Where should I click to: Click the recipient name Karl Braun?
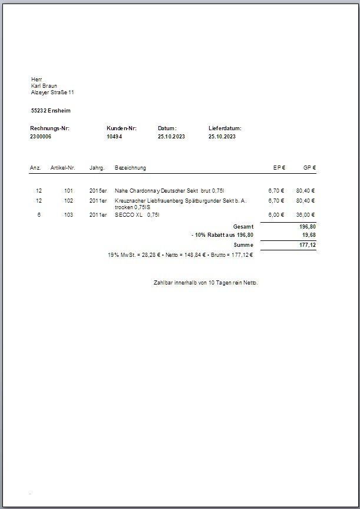tap(44, 86)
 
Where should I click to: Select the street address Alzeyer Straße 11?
tap(52, 92)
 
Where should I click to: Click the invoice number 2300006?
tap(41, 136)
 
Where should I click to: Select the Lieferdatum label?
tap(225, 128)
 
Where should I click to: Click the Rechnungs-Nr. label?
tap(49, 128)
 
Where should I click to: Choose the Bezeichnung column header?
tap(130, 168)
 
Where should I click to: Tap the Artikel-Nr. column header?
tap(63, 168)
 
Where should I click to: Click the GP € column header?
tap(309, 168)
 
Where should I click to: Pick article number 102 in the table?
tap(69, 201)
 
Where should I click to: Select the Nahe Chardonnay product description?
tap(170, 191)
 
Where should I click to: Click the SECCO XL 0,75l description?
tap(137, 215)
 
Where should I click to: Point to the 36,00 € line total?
tap(305, 215)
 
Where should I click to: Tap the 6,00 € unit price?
tap(276, 215)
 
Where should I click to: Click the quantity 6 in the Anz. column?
tap(39, 215)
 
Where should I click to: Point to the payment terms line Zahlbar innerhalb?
tap(205, 283)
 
